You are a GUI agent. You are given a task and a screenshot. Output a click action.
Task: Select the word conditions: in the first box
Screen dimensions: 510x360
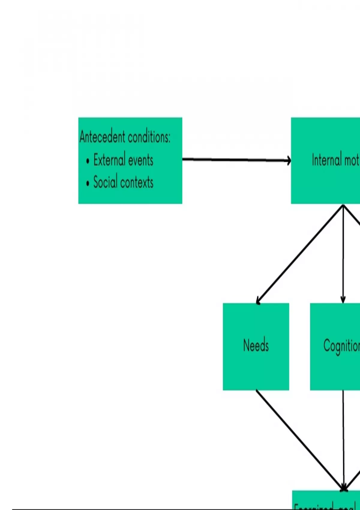pyautogui.click(x=149, y=137)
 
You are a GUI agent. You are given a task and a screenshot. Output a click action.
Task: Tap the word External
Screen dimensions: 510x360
pyautogui.click(x=109, y=160)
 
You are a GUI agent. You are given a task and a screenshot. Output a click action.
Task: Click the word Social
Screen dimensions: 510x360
pyautogui.click(x=105, y=182)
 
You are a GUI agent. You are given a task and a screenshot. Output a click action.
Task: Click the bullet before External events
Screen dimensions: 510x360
pyautogui.click(x=88, y=161)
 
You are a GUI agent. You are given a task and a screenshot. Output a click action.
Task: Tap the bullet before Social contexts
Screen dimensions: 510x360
pyautogui.click(x=88, y=183)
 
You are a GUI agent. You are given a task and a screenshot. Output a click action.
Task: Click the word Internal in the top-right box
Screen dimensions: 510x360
pyautogui.click(x=327, y=160)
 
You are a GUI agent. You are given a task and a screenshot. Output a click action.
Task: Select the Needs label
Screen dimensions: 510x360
pyautogui.click(x=256, y=345)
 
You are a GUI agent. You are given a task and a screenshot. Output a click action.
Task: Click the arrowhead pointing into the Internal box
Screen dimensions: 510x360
pyautogui.click(x=289, y=161)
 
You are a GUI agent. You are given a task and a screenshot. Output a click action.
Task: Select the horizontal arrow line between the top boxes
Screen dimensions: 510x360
pyautogui.click(x=234, y=160)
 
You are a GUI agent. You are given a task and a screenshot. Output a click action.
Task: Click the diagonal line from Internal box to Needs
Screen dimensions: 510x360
pyautogui.click(x=300, y=253)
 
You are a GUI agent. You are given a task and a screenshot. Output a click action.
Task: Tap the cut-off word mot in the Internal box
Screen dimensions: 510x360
pyautogui.click(x=352, y=160)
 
